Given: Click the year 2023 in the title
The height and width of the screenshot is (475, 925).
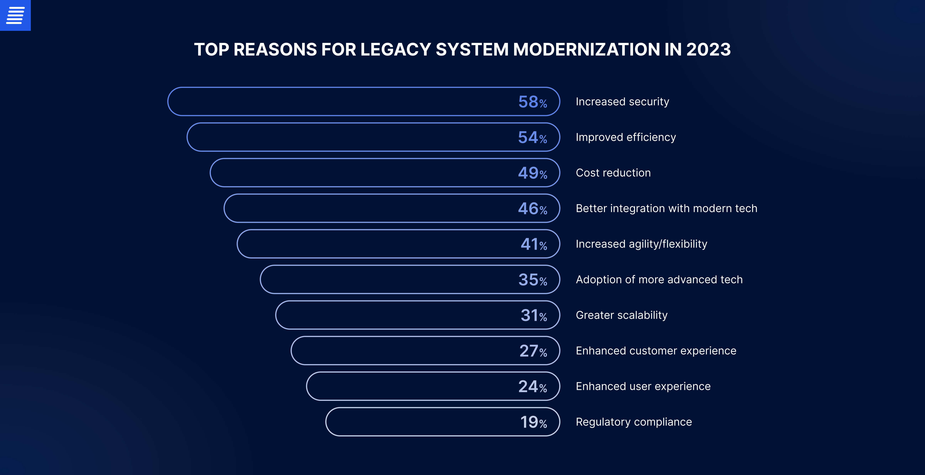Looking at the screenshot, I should tap(708, 50).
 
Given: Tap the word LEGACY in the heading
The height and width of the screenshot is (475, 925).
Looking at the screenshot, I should tap(395, 50).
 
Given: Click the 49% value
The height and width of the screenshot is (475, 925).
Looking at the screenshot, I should tap(532, 173).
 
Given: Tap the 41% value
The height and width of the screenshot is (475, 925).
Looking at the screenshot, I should tap(534, 244).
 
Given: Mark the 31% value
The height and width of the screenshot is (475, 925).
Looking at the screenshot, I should tap(534, 315).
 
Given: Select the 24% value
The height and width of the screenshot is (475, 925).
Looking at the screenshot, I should tap(532, 386).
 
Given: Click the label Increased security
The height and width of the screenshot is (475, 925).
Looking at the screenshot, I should tap(622, 102).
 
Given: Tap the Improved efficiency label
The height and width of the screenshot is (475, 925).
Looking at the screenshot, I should tap(626, 137).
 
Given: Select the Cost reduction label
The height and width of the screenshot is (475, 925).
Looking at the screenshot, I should tap(613, 173).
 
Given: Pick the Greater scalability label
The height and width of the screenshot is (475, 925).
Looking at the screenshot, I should tap(621, 315).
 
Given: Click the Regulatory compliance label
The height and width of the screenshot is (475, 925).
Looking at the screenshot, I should tap(633, 422).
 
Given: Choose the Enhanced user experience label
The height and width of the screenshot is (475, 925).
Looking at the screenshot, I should tap(643, 386).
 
